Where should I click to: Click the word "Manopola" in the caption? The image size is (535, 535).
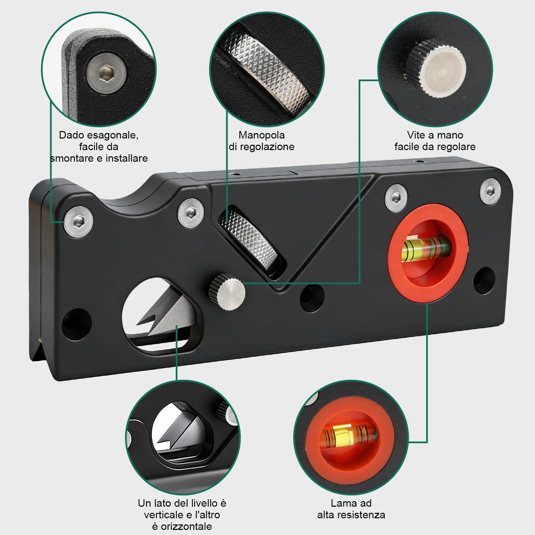point(262,135)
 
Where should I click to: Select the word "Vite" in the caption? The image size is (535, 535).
point(416,135)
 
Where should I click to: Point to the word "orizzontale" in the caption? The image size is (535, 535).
point(186,526)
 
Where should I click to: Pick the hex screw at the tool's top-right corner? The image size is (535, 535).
point(490,191)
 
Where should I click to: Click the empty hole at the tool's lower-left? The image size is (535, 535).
point(76,324)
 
